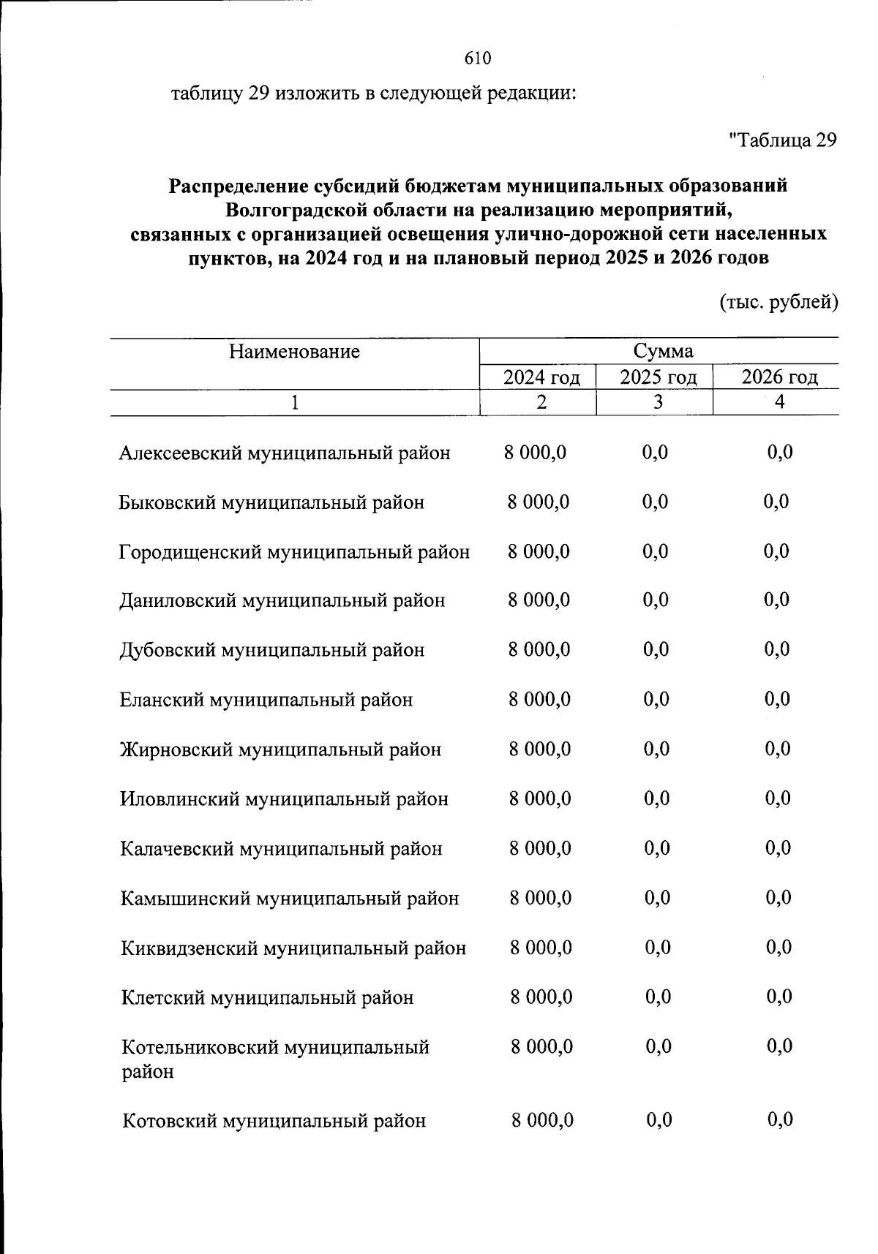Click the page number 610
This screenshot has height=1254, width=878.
coord(477,58)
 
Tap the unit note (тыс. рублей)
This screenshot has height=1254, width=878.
coord(778,301)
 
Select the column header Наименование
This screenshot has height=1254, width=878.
coord(294,352)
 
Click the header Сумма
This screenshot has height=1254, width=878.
coord(663,351)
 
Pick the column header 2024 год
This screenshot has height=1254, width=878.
coord(541,377)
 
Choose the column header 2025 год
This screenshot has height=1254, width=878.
coord(658,377)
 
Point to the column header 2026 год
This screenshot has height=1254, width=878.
coord(779,377)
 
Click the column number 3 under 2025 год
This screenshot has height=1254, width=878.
coord(658,402)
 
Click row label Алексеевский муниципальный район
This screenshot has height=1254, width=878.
coord(285,453)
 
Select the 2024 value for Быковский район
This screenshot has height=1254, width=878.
coord(539,502)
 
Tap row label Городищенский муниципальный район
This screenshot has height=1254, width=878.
coord(294,552)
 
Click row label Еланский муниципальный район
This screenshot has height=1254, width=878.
coord(266,700)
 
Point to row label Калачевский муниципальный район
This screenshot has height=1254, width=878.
coord(282,849)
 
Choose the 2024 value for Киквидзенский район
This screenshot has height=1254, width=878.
coord(541,948)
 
